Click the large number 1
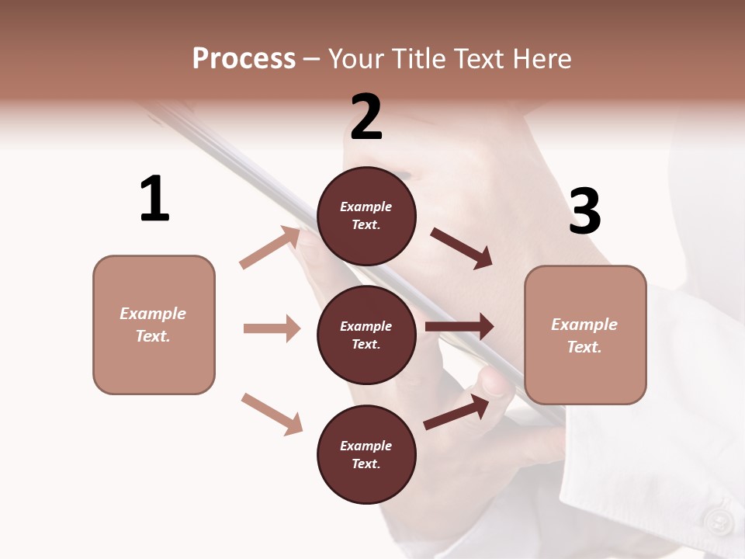pos(154,200)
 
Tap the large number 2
pos(366,117)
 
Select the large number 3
pos(585,211)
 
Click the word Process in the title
pos(244,59)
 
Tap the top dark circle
pos(366,216)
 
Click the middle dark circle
pos(366,335)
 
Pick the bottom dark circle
pos(366,454)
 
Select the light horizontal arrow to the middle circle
pos(272,328)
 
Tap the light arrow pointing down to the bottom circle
pos(272,414)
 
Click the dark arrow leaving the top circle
pos(462,248)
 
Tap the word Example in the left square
pos(153,314)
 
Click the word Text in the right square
pos(584,347)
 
